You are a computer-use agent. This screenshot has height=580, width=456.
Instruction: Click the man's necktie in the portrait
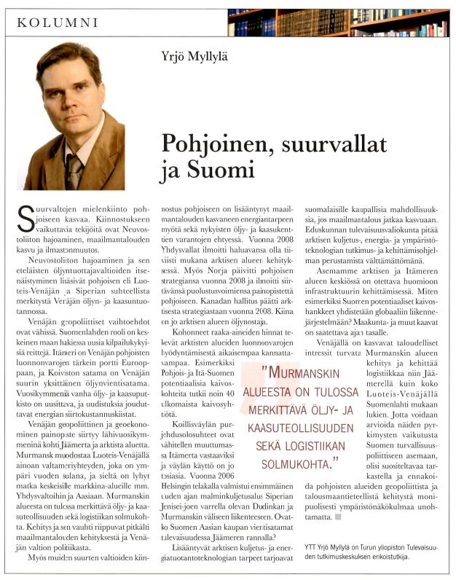(x=74, y=171)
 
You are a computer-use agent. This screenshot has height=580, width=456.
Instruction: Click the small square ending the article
(x=337, y=517)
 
